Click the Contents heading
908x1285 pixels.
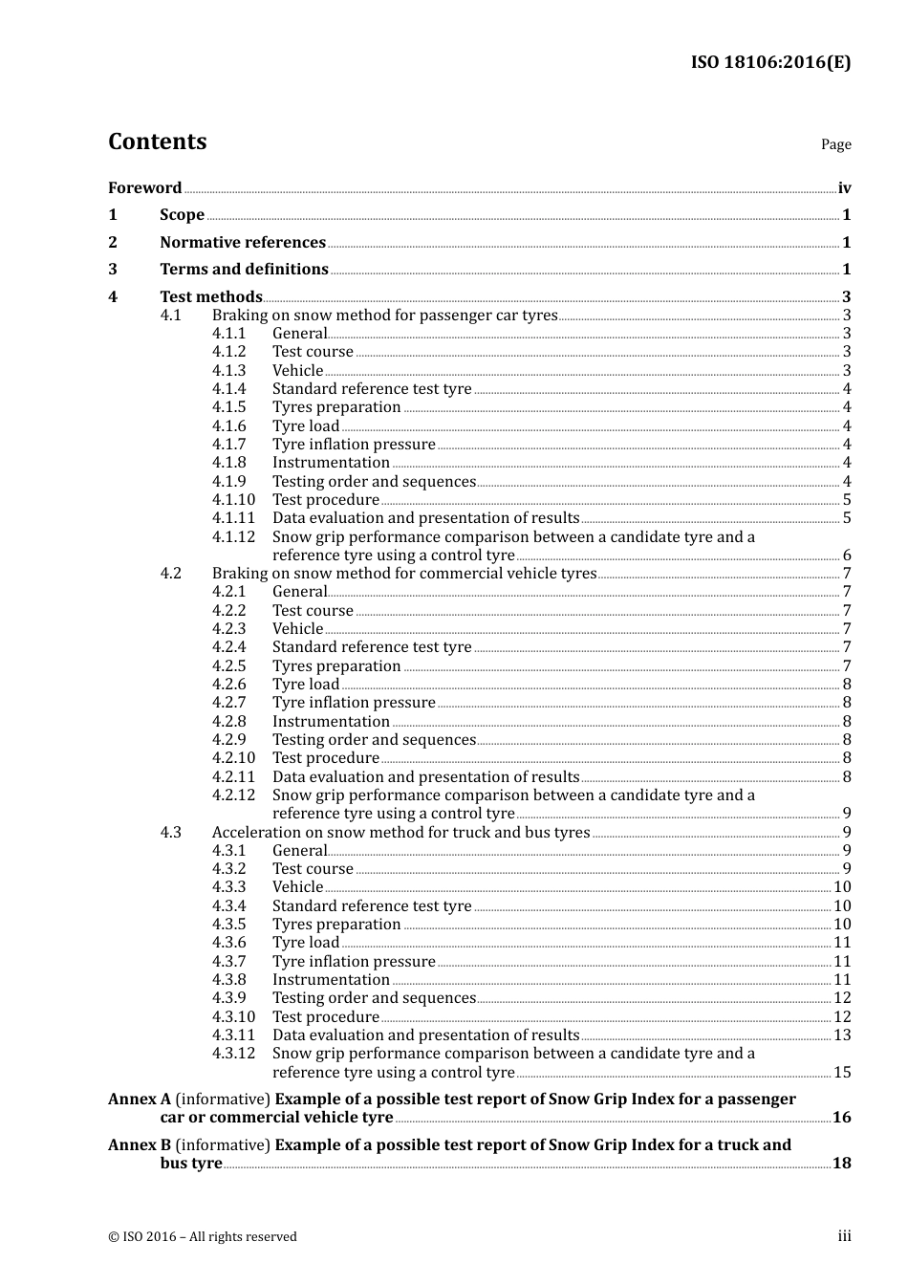click(157, 142)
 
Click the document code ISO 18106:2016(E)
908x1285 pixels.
click(770, 62)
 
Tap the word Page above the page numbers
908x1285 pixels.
click(835, 144)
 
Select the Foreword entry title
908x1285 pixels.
click(144, 188)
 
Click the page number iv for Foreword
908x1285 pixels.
click(844, 188)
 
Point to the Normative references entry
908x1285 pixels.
click(243, 243)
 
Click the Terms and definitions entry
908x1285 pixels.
click(244, 270)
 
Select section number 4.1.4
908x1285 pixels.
click(228, 389)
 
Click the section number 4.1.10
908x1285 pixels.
click(233, 500)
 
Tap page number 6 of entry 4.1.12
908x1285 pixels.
click(847, 555)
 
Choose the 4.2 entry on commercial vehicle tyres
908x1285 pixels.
click(403, 574)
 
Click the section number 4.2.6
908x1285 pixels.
click(228, 685)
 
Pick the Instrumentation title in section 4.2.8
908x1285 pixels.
click(331, 722)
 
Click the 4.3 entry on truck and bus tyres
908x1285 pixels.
click(400, 833)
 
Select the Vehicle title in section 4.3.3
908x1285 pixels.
click(297, 887)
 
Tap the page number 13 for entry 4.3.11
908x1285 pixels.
click(842, 1035)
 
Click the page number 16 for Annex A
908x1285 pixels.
click(841, 1118)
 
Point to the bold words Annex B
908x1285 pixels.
click(140, 1145)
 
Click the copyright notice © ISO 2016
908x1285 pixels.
click(202, 1236)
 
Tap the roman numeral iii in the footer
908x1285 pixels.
click(844, 1236)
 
